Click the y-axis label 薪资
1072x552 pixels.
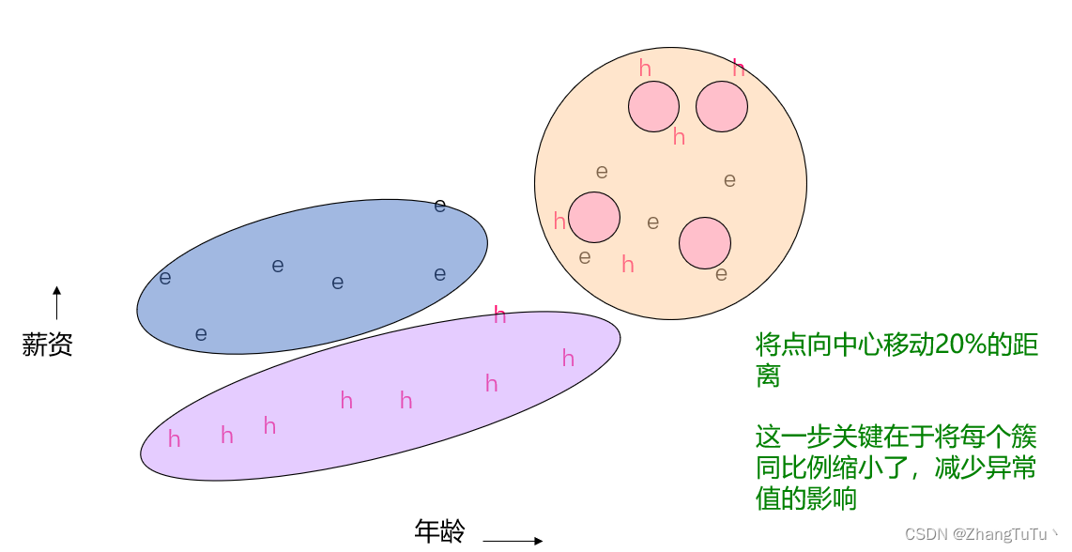(47, 345)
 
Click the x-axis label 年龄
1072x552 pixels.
(439, 531)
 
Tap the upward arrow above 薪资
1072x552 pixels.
(56, 303)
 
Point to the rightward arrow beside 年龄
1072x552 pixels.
(513, 541)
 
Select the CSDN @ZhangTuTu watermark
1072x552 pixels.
(981, 534)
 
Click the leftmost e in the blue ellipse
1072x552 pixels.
(165, 278)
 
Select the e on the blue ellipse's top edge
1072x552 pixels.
(439, 206)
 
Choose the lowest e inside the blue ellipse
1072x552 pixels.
(200, 334)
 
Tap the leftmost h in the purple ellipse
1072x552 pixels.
(174, 439)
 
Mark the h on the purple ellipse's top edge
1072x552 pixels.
(499, 315)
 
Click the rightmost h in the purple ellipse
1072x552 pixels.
(568, 359)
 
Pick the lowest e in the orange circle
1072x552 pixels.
(721, 275)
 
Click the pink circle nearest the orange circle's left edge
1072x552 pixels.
(594, 217)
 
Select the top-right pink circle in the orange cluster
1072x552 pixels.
(722, 106)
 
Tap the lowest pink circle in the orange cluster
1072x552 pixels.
(705, 242)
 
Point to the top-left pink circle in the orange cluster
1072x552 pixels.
(653, 106)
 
